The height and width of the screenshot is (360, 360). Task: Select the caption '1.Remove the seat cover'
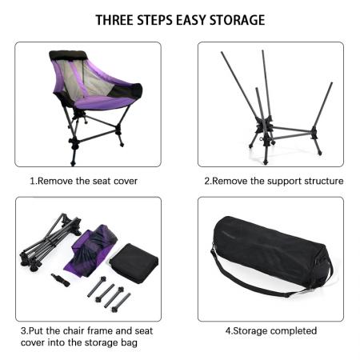click(83, 181)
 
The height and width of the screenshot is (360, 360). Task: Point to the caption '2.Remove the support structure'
click(273, 181)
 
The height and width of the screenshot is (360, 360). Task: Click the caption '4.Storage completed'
click(270, 330)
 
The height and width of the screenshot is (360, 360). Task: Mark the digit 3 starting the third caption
click(23, 330)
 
